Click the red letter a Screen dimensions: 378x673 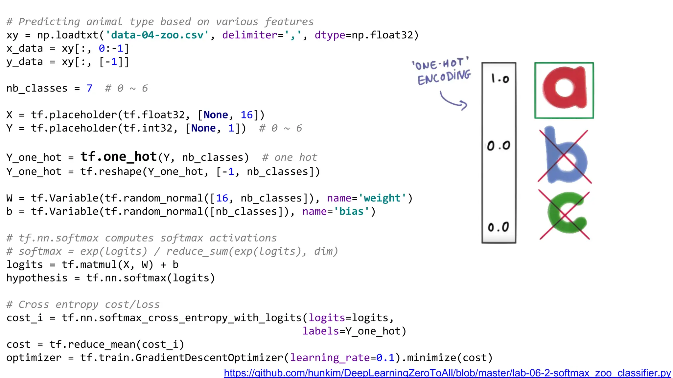(564, 89)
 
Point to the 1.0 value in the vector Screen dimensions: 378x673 (499, 79)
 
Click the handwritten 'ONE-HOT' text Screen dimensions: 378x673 (440, 64)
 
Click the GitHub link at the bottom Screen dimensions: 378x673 (447, 373)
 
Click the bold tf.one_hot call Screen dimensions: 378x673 (119, 157)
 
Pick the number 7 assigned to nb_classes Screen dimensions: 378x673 (89, 88)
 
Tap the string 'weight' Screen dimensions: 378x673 (382, 198)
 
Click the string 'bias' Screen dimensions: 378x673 (351, 211)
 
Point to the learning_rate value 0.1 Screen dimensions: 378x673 (385, 357)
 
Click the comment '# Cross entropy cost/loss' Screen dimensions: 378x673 (83, 304)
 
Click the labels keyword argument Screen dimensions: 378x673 (320, 331)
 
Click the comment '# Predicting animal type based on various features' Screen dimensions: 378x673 (160, 22)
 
